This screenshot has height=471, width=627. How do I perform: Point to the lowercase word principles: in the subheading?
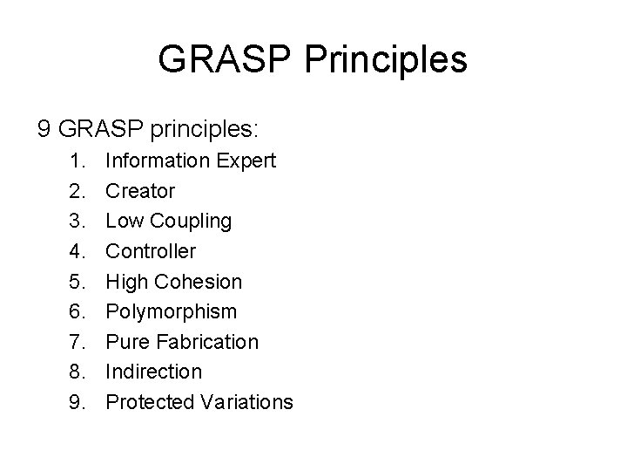205,130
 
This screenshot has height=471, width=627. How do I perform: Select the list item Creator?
140,191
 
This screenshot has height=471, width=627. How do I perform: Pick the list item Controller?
151,251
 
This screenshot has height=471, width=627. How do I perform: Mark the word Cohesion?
199,282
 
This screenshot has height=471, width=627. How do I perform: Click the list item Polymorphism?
170,311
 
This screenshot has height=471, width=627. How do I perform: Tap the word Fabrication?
207,342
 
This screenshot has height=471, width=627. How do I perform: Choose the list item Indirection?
153,372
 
